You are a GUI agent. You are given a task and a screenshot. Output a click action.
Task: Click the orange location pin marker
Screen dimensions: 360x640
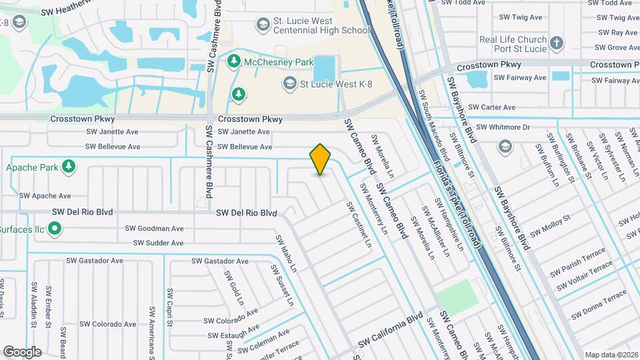pos(321,159)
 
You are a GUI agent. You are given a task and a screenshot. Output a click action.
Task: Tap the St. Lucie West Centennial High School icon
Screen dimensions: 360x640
pos(263,24)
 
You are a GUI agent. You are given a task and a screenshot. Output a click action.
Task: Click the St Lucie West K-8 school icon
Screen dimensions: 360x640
pos(289,83)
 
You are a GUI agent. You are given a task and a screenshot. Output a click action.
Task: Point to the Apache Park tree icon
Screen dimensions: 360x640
pos(67,165)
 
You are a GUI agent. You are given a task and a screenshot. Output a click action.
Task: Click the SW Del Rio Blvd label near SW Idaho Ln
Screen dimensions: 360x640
pos(246,213)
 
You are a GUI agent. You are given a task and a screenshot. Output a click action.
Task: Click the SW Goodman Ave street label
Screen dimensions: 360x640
pos(154,228)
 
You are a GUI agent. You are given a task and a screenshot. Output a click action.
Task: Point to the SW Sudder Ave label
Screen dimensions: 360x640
pos(158,243)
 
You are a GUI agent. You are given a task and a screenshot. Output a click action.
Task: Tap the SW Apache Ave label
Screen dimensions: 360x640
pos(45,196)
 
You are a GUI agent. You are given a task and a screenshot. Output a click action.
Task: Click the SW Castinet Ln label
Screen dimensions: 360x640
pos(358,225)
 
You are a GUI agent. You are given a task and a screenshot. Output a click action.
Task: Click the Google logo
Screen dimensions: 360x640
pos(22,352)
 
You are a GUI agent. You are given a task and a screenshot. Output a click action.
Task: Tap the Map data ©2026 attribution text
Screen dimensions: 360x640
pos(611,355)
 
